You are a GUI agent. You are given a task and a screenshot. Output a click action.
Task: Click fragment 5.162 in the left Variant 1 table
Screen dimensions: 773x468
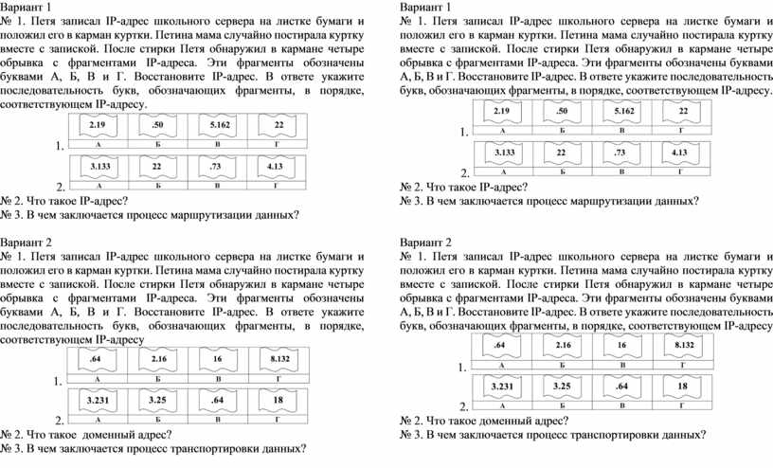pyautogui.click(x=220, y=125)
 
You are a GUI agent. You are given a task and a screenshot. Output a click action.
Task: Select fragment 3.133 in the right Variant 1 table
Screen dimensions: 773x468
pyautogui.click(x=504, y=153)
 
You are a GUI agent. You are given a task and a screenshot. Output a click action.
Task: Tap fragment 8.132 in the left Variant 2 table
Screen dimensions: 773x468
pyautogui.click(x=280, y=358)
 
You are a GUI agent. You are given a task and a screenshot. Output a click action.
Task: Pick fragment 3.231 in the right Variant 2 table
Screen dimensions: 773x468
pyautogui.click(x=502, y=387)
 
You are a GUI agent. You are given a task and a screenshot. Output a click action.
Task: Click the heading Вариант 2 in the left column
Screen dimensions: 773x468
pyautogui.click(x=26, y=243)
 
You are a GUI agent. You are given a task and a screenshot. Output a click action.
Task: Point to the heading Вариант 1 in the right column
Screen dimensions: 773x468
pyautogui.click(x=425, y=8)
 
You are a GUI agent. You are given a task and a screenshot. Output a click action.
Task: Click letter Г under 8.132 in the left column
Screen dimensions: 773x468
pyautogui.click(x=279, y=379)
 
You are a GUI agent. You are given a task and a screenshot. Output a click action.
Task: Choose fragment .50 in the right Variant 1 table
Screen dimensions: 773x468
pyautogui.click(x=562, y=111)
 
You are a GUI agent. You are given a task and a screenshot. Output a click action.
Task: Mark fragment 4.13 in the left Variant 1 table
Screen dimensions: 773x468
pyautogui.click(x=275, y=166)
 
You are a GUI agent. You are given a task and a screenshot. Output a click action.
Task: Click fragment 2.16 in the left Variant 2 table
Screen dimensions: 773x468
pyautogui.click(x=159, y=358)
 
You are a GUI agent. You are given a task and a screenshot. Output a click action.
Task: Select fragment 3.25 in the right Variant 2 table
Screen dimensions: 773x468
pyautogui.click(x=562, y=387)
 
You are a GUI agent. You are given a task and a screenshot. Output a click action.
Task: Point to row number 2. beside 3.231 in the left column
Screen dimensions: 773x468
pyautogui.click(x=60, y=421)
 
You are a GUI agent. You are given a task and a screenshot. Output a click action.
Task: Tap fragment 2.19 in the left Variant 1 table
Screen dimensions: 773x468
pyautogui.click(x=98, y=125)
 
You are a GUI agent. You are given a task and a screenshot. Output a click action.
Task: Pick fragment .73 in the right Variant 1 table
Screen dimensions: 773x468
pyautogui.click(x=620, y=153)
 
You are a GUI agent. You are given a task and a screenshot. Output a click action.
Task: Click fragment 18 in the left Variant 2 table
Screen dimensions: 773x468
pyautogui.click(x=279, y=400)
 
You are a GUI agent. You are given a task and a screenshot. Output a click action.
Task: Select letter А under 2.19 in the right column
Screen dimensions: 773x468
pyautogui.click(x=502, y=131)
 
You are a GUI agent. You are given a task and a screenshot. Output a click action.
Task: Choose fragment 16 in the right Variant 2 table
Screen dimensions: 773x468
pyautogui.click(x=621, y=345)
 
